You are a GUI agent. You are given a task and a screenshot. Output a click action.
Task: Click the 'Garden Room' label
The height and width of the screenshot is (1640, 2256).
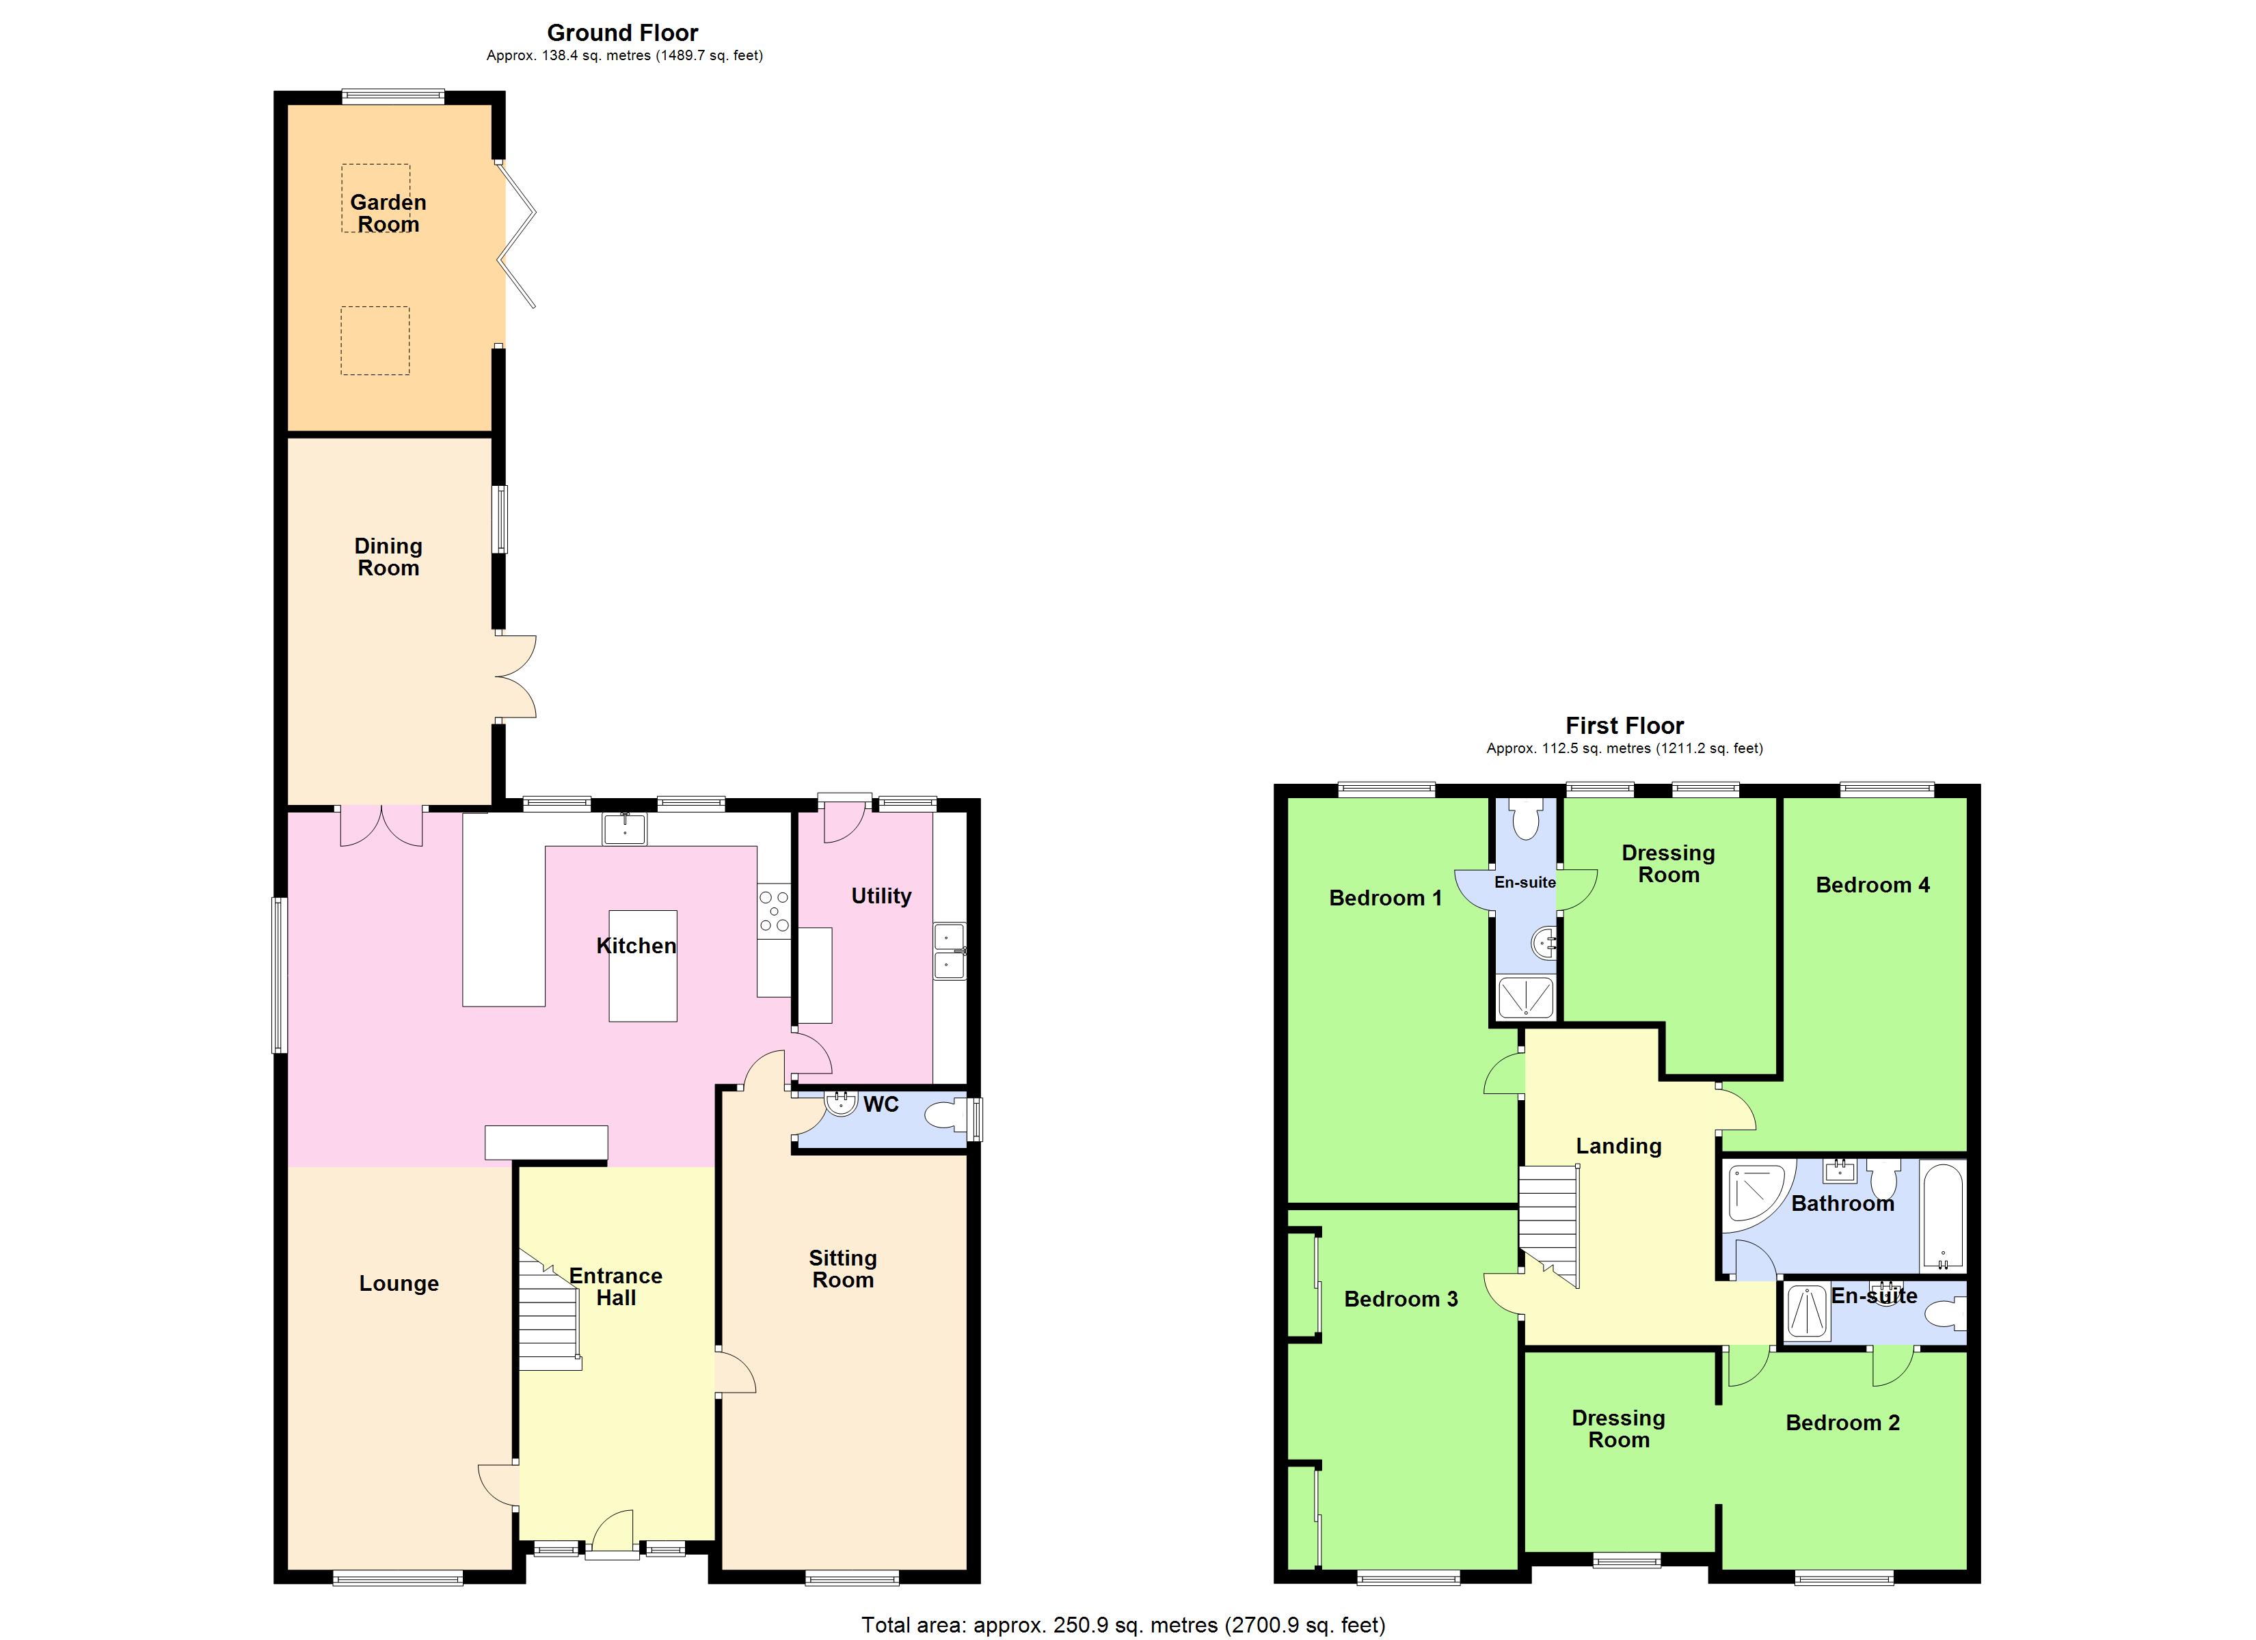(388, 213)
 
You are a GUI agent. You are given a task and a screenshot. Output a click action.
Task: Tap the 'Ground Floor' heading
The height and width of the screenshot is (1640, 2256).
(623, 33)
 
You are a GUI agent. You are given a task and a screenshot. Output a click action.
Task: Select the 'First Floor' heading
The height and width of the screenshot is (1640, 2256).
(1624, 726)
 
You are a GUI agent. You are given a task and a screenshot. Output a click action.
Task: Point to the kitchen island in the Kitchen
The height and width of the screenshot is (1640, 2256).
(643, 966)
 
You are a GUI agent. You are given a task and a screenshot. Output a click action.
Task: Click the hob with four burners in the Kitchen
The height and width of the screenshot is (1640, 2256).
(774, 911)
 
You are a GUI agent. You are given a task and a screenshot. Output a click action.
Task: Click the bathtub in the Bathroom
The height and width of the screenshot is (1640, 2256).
(1942, 1216)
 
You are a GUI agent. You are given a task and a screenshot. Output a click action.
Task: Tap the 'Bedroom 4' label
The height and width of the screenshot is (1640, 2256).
(1872, 885)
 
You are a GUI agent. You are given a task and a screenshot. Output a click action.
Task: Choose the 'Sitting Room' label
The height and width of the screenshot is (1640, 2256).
(842, 1269)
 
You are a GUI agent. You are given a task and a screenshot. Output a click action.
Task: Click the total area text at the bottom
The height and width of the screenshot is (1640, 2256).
(1122, 1625)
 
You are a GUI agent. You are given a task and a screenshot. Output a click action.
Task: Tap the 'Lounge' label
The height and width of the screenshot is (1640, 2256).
(399, 1284)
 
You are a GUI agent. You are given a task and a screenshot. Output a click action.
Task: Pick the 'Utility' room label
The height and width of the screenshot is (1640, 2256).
(881, 896)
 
